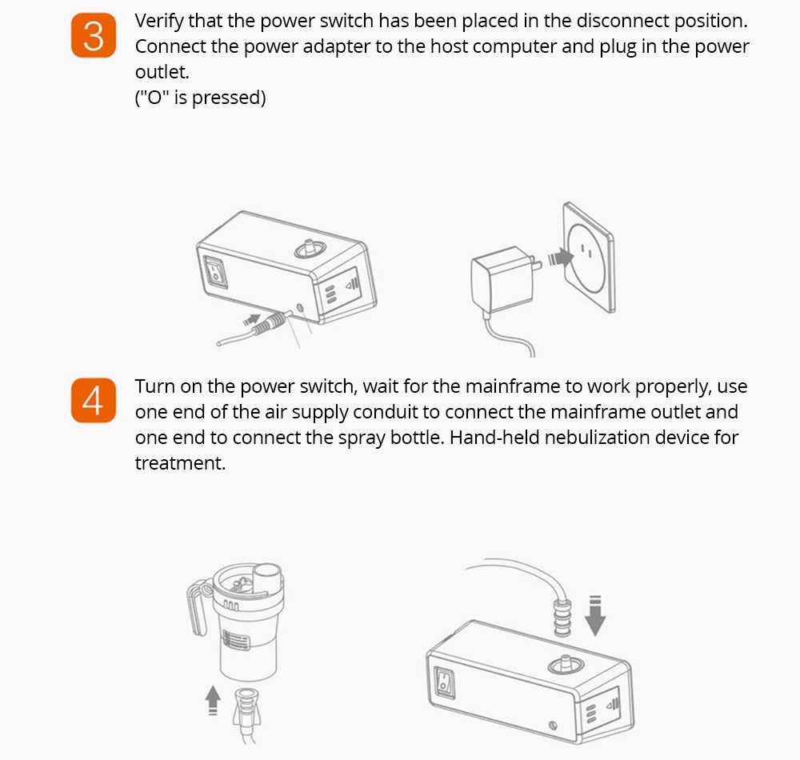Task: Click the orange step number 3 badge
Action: point(94,35)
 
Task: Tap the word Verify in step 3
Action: point(159,21)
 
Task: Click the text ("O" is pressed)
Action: point(200,98)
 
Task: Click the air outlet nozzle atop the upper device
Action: point(306,249)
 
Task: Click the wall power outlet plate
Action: point(587,256)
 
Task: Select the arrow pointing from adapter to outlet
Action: point(557,258)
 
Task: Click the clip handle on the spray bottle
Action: point(195,607)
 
